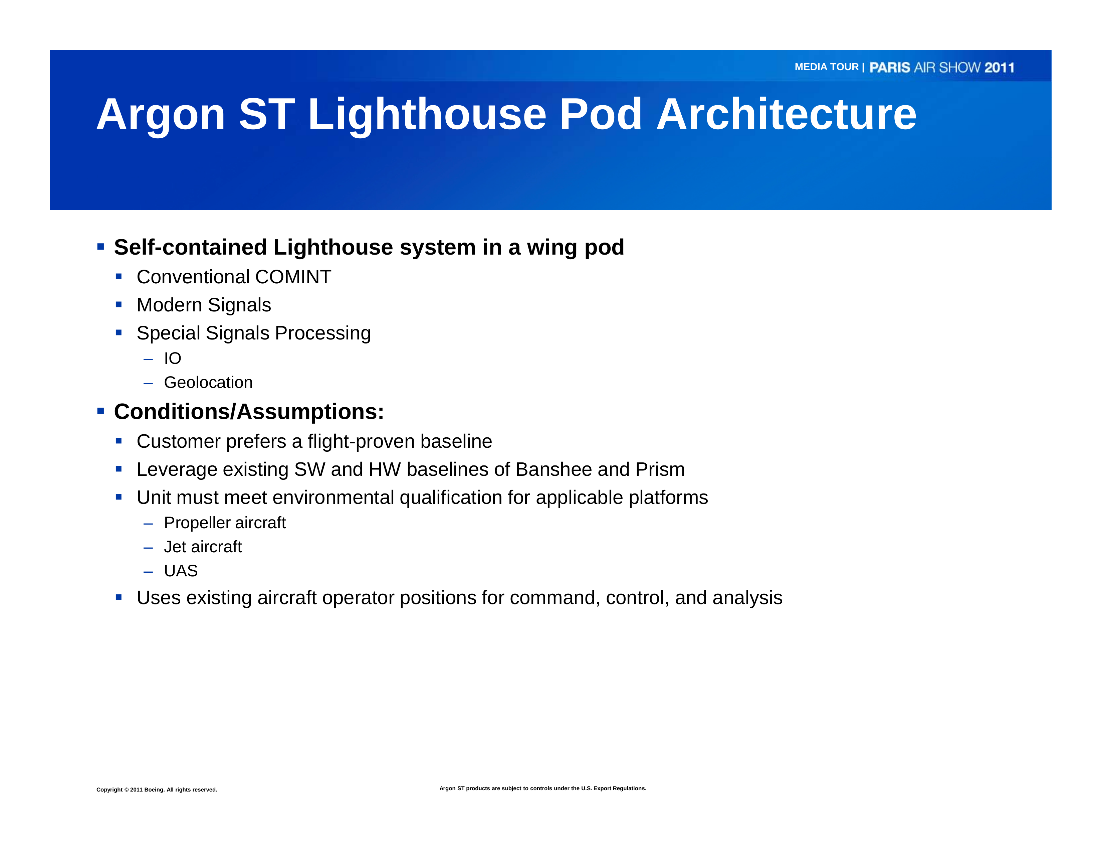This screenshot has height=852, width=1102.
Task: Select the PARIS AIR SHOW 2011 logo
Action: click(x=941, y=67)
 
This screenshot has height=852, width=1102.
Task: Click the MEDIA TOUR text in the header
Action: click(x=827, y=67)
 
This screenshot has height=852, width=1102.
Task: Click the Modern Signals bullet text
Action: click(x=204, y=305)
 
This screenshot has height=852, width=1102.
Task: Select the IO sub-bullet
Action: click(x=173, y=358)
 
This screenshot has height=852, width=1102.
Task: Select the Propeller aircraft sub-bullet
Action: click(x=225, y=523)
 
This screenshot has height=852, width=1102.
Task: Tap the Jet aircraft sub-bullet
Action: click(x=203, y=547)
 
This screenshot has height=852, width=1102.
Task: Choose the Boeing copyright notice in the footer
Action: click(x=157, y=790)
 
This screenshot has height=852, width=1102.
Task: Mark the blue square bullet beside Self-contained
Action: click(x=100, y=247)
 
